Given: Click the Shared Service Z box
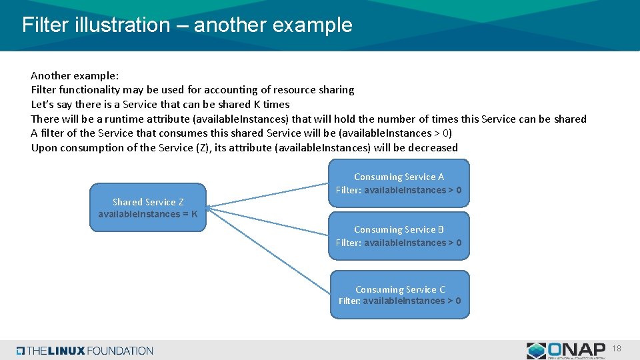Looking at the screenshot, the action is pyautogui.click(x=148, y=207).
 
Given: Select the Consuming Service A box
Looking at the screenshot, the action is pyautogui.click(x=399, y=183).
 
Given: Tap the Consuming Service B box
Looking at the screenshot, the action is pyautogui.click(x=399, y=236).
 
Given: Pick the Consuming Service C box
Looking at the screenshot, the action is pyautogui.click(x=399, y=295).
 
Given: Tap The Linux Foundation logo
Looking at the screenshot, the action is pyautogui.click(x=85, y=351).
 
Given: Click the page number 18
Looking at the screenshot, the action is pyautogui.click(x=616, y=349).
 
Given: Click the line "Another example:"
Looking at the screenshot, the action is pyautogui.click(x=75, y=75).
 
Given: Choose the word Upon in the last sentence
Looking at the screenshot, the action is pyautogui.click(x=44, y=148).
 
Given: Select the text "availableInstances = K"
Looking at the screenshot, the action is pyautogui.click(x=148, y=214).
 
